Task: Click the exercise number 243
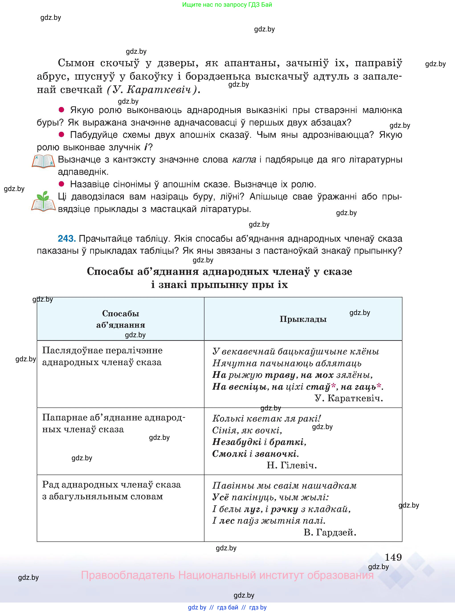coord(66,239)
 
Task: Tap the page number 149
coord(393,557)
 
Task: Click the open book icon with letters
coord(43,162)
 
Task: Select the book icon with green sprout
coord(43,202)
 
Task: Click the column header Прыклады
coord(303,319)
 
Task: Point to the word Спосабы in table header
coord(121,313)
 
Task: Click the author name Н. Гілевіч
coord(292,465)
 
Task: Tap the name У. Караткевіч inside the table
coord(349,398)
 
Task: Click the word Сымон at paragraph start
coord(76,63)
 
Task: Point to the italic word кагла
coord(244,160)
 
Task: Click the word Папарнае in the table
coord(65,418)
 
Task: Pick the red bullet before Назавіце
coord(61,184)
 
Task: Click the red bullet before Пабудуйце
coord(61,134)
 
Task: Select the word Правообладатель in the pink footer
coord(128,575)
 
